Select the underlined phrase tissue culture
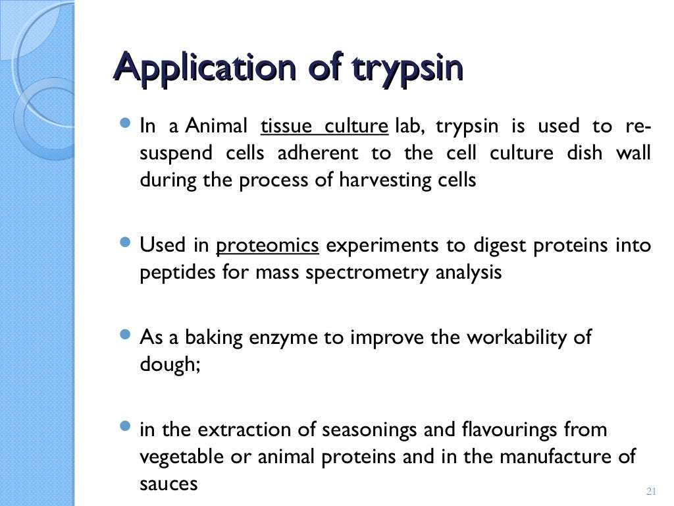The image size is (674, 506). point(324,126)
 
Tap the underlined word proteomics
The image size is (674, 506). point(268,246)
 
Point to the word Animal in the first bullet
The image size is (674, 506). point(217,126)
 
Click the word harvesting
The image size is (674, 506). point(378,181)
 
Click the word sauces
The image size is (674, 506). point(168,484)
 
